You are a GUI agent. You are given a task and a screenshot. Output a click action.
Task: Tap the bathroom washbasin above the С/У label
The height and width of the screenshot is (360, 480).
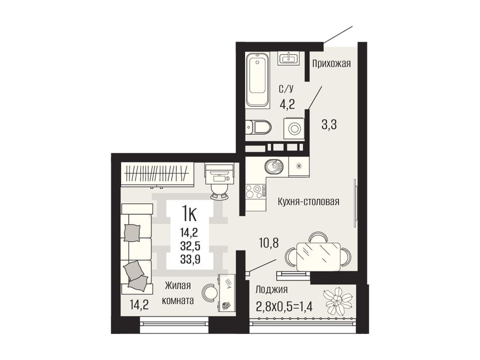pyautogui.click(x=289, y=58)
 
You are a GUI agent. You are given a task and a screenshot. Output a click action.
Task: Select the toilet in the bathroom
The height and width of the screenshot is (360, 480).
pyautogui.click(x=258, y=127)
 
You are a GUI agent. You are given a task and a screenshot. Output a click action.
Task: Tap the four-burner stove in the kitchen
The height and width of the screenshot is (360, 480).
pyautogui.click(x=256, y=191)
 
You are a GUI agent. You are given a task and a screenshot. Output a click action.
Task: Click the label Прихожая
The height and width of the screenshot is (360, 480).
pyautogui.click(x=331, y=64)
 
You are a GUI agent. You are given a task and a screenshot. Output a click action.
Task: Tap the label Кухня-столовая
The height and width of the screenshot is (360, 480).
pyautogui.click(x=309, y=202)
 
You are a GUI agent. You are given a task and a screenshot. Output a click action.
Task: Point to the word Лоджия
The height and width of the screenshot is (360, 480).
pyautogui.click(x=271, y=289)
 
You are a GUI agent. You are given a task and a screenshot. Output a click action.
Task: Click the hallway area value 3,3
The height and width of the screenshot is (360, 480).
pyautogui.click(x=329, y=125)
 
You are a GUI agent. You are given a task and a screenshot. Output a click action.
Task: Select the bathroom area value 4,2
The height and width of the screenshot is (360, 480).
pyautogui.click(x=287, y=105)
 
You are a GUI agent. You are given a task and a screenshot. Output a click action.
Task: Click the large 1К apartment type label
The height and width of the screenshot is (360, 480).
pyautogui.click(x=189, y=213)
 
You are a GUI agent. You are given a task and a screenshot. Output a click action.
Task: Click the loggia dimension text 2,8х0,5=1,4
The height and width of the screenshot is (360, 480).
pyautogui.click(x=284, y=305)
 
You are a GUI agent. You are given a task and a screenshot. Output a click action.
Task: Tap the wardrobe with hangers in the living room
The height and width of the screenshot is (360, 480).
pyautogui.click(x=157, y=174)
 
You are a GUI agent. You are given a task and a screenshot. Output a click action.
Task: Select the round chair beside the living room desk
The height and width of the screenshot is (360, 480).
pyautogui.click(x=211, y=292)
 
